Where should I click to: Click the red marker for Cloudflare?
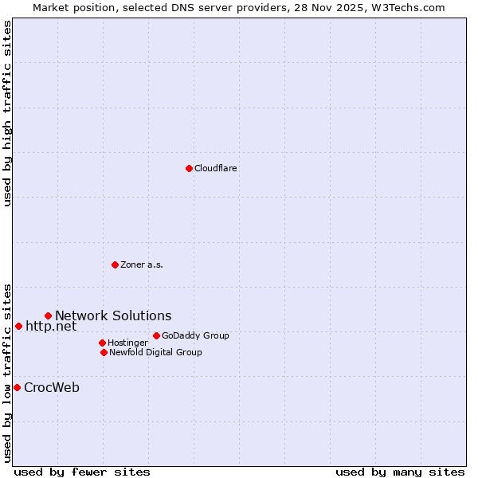[189, 168]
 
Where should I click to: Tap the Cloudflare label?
[216, 168]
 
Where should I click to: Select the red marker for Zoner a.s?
[115, 264]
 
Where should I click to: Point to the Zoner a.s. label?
[142, 264]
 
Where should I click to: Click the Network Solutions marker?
[48, 316]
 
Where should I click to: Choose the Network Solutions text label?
[113, 316]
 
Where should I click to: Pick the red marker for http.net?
[18, 326]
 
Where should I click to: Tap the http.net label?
[51, 326]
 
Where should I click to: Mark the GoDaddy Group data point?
[156, 335]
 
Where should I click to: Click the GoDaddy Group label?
[195, 335]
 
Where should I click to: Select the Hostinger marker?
[102, 343]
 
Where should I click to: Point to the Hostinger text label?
[127, 343]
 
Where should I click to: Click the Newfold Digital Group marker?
[104, 352]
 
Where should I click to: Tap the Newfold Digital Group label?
[155, 352]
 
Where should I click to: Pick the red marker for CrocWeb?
[17, 387]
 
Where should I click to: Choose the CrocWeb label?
[52, 388]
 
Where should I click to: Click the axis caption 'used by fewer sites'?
[82, 472]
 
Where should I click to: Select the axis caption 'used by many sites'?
[400, 472]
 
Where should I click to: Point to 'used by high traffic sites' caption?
[7, 113]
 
